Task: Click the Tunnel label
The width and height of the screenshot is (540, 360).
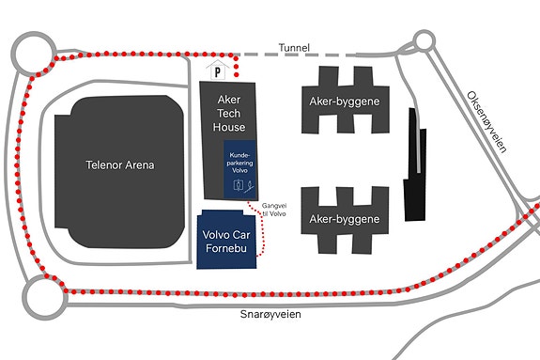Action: click(294, 48)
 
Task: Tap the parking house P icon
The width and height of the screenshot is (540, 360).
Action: click(217, 70)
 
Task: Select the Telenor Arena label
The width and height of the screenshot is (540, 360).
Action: click(120, 164)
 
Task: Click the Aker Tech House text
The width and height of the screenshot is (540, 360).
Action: click(229, 114)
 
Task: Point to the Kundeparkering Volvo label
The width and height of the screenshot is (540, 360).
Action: click(239, 163)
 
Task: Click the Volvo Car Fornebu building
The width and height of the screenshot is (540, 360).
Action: click(226, 240)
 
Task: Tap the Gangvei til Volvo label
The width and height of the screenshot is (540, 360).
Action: click(274, 210)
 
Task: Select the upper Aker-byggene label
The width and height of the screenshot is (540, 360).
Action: click(345, 102)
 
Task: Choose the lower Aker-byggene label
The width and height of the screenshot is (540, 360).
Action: click(345, 219)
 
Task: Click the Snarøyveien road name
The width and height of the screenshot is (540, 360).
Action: click(270, 314)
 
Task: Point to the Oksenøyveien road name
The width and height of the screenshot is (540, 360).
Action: click(487, 122)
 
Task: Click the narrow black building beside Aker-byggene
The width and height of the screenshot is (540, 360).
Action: click(415, 164)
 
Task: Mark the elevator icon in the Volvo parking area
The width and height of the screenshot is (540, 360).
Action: click(239, 185)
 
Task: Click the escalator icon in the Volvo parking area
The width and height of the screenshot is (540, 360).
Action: click(249, 186)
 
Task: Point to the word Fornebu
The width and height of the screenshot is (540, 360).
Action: click(226, 248)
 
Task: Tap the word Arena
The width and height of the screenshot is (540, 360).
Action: click(140, 164)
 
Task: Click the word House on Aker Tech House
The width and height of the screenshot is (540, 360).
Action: click(229, 127)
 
